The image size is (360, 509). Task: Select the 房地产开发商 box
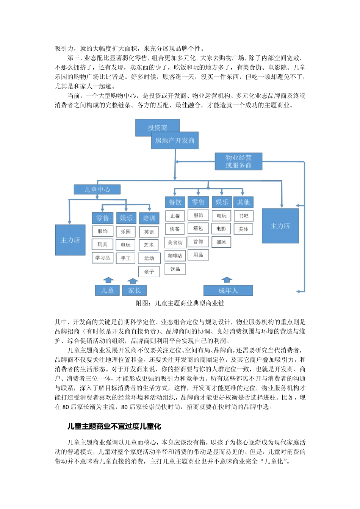tap(175, 141)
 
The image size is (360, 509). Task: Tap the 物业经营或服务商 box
tap(238, 161)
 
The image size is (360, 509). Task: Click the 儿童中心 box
tap(97, 189)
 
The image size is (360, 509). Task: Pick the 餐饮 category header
tap(175, 202)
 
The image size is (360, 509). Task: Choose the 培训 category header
tap(149, 218)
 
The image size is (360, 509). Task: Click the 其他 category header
tap(243, 202)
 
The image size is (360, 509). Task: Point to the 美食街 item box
tap(175, 242)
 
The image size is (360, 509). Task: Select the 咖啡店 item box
tap(175, 256)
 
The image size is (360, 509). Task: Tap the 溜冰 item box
tap(221, 242)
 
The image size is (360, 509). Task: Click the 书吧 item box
tap(243, 216)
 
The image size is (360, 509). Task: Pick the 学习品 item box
tap(103, 258)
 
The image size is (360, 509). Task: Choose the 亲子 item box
tap(149, 272)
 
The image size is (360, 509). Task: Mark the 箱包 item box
tap(198, 228)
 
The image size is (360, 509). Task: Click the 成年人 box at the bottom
tap(228, 290)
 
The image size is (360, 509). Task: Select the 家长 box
tap(134, 290)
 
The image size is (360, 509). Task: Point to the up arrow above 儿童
tap(109, 280)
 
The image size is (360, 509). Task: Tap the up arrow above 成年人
tap(227, 279)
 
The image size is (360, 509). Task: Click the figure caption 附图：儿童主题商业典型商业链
tap(180, 303)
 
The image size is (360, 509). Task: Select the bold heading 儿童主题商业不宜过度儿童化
tap(114, 426)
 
